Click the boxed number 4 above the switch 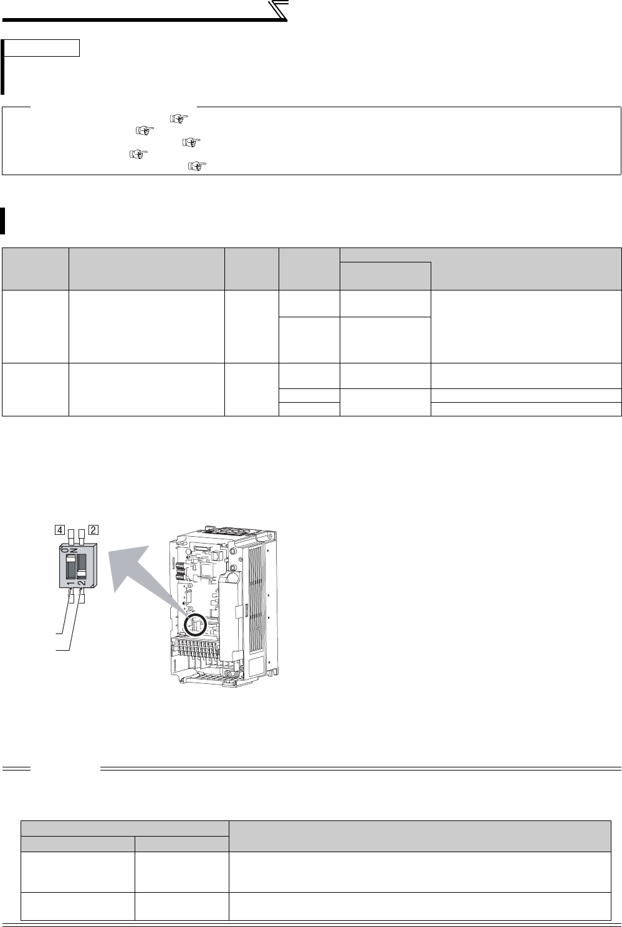tap(60, 530)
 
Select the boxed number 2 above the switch tap(93, 530)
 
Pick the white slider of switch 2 tap(82, 574)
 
